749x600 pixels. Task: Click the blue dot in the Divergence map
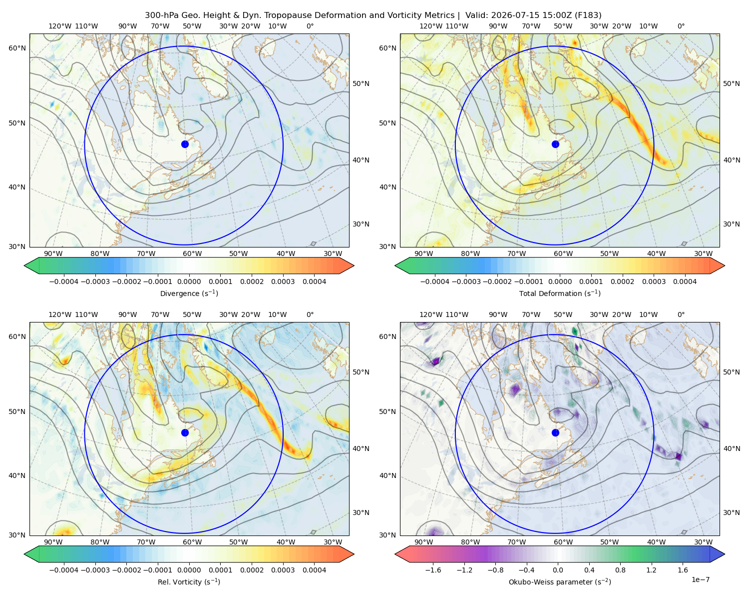click(185, 144)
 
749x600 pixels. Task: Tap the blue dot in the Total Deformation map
click(555, 144)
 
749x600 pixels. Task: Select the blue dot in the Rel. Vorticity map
click(185, 432)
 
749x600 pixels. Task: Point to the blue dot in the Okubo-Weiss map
click(555, 432)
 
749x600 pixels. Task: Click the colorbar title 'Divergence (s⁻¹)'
click(189, 293)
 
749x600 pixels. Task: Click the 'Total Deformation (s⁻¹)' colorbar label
click(560, 293)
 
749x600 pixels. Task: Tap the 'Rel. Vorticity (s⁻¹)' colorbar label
click(189, 581)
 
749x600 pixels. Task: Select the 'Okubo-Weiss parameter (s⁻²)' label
click(560, 581)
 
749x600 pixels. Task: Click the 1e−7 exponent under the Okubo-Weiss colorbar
click(700, 579)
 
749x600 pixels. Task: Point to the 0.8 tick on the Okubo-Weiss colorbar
click(620, 569)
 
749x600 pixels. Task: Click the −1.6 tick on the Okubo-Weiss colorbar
click(433, 569)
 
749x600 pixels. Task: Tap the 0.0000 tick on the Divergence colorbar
click(189, 281)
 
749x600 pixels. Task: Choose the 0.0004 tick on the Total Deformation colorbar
click(685, 281)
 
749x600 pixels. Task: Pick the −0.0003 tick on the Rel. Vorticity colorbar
click(95, 569)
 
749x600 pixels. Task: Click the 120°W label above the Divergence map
click(60, 26)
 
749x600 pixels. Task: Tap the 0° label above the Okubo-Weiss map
click(681, 314)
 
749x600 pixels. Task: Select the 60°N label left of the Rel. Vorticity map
click(17, 336)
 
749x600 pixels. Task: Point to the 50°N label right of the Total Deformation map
click(732, 83)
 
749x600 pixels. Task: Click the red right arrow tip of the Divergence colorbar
click(354, 265)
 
